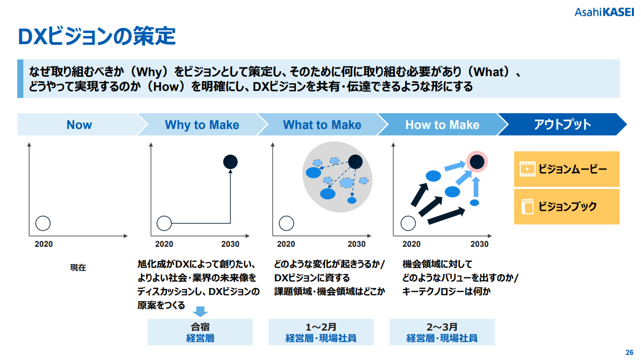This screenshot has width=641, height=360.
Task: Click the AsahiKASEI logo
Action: click(604, 12)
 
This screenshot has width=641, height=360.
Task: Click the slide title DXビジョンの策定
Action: click(97, 37)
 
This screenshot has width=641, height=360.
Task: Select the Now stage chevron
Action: click(79, 124)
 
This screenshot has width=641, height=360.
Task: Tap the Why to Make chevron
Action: click(202, 124)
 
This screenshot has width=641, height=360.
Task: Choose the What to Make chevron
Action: click(322, 124)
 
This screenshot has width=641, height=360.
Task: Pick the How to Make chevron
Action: click(443, 124)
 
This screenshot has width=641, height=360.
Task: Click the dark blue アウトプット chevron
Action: click(563, 124)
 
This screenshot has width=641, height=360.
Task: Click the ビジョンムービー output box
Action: click(566, 169)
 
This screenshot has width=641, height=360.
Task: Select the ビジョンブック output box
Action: click(566, 207)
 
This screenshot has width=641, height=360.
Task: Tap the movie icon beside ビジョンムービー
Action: click(527, 169)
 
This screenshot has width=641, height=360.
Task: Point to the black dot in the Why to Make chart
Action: click(230, 162)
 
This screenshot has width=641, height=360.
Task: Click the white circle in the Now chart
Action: click(43, 223)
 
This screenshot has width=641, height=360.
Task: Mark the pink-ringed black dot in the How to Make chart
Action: click(477, 162)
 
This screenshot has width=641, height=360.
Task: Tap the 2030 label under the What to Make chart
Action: click(356, 244)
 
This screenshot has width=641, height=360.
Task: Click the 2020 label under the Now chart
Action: click(44, 244)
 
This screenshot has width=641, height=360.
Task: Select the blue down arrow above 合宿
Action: click(200, 311)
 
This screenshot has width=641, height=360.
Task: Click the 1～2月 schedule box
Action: click(321, 332)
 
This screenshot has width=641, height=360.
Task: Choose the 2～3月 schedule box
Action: click(442, 332)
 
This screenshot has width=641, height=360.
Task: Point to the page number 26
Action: click(629, 352)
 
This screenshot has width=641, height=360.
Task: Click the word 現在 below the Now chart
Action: click(78, 268)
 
